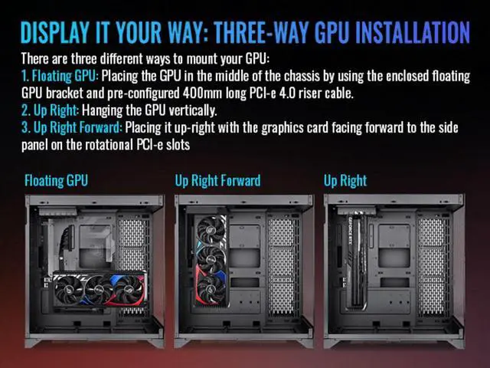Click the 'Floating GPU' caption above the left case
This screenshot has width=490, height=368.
[56, 181]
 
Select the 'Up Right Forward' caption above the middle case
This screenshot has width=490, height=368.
[217, 181]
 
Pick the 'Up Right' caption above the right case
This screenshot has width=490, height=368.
[345, 181]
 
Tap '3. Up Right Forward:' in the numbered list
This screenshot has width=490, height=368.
[71, 127]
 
